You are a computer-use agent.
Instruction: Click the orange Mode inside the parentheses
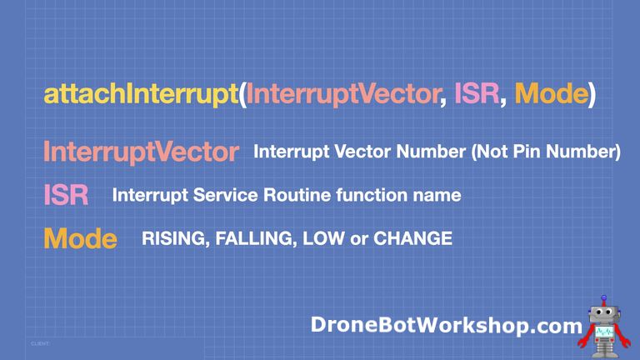click(550, 93)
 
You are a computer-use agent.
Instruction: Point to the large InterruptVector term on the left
click(141, 152)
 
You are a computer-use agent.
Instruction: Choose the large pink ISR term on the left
click(66, 196)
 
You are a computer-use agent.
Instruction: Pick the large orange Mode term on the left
click(80, 239)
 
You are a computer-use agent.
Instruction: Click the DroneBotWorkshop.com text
click(445, 325)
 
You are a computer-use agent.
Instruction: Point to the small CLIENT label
click(41, 343)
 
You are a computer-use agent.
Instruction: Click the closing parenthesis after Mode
click(591, 93)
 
